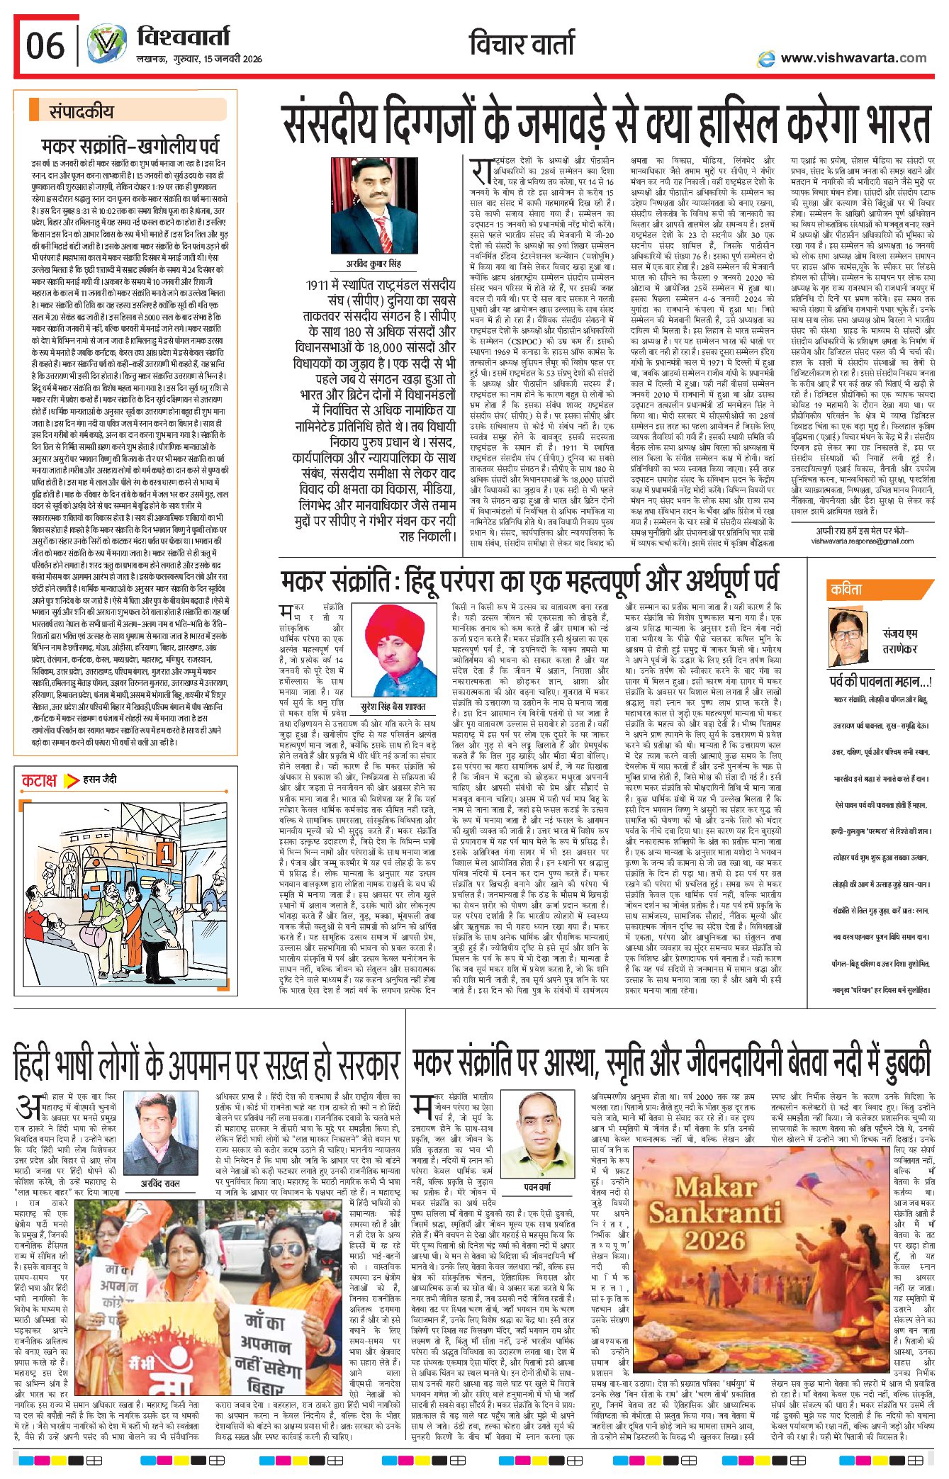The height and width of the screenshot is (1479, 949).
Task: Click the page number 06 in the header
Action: [45, 46]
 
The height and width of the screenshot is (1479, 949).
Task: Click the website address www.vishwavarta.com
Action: [853, 58]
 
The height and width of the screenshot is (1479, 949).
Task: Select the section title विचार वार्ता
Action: [522, 44]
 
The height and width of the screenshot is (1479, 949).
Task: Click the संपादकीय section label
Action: [81, 111]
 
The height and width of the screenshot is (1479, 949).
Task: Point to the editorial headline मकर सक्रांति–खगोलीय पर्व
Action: [130, 147]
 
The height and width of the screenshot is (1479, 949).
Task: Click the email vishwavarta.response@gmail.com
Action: [863, 541]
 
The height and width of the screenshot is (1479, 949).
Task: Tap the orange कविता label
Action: [847, 590]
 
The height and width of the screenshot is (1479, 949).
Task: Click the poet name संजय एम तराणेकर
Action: [900, 641]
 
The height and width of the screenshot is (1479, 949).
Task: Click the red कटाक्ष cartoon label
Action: [39, 780]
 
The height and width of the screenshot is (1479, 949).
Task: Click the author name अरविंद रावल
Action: [160, 1183]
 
